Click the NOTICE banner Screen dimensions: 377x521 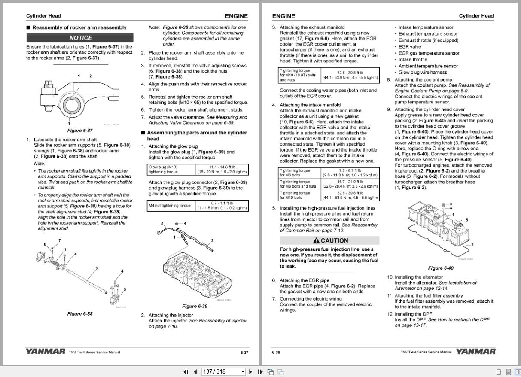point(80,38)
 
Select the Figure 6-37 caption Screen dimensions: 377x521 point(80,131)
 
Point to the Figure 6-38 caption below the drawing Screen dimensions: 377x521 point(80,314)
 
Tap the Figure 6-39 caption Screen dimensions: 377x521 point(195,306)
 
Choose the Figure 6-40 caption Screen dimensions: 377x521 point(441,268)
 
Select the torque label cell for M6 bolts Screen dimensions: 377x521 point(299,173)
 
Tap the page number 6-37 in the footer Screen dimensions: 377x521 point(244,353)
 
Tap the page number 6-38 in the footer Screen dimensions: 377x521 point(276,353)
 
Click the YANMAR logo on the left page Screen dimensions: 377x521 point(46,352)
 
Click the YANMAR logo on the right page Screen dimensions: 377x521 point(475,352)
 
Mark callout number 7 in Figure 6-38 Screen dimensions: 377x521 point(59,240)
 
